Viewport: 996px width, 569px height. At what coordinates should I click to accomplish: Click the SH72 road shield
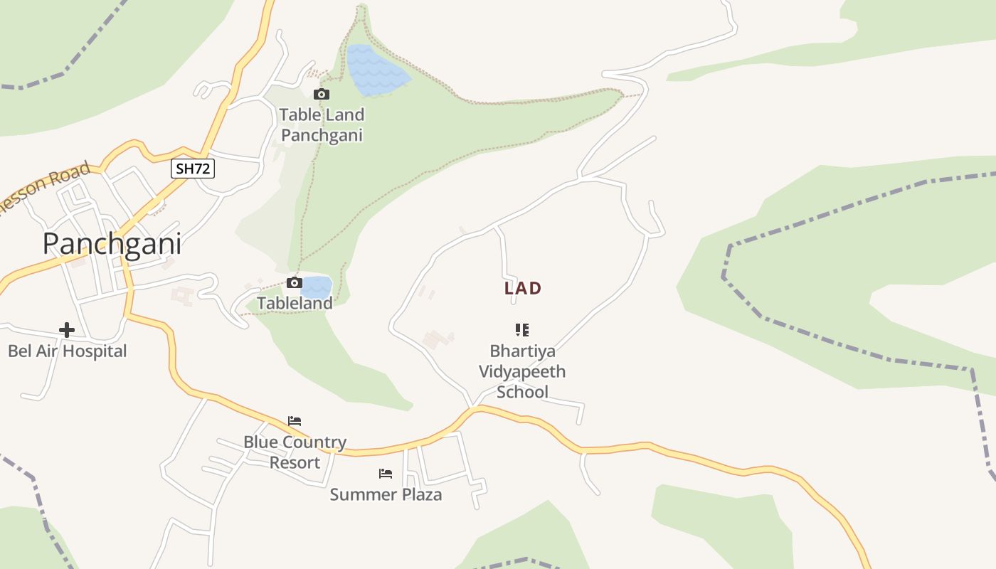pyautogui.click(x=193, y=169)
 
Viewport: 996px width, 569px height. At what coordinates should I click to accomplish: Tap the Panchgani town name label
pyautogui.click(x=112, y=244)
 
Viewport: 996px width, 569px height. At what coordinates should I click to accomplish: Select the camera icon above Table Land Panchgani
pyautogui.click(x=322, y=94)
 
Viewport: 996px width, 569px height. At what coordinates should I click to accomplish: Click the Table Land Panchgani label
pyautogui.click(x=322, y=124)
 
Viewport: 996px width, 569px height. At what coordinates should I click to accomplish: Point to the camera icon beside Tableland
pyautogui.click(x=294, y=283)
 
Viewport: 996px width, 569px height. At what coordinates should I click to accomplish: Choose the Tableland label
pyautogui.click(x=295, y=303)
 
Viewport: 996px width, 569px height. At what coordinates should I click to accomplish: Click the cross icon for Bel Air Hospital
pyautogui.click(x=67, y=330)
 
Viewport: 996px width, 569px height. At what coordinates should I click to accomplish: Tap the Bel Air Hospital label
pyautogui.click(x=67, y=351)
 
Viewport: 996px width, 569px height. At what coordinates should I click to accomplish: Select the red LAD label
pyautogui.click(x=523, y=288)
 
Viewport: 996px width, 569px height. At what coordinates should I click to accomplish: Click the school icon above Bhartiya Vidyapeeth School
pyautogui.click(x=522, y=330)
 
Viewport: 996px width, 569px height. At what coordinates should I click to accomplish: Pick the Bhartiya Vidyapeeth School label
pyautogui.click(x=522, y=371)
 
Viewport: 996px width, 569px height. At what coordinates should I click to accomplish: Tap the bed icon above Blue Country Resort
pyautogui.click(x=295, y=421)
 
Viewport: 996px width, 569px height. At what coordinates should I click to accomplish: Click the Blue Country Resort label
pyautogui.click(x=295, y=452)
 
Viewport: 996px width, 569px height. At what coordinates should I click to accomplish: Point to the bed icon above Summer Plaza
pyautogui.click(x=386, y=474)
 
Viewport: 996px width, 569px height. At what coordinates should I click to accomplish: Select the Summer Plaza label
pyautogui.click(x=386, y=494)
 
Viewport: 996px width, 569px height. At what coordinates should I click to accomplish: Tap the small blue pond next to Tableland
pyautogui.click(x=317, y=287)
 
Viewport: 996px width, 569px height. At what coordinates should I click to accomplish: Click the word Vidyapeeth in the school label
pyautogui.click(x=522, y=371)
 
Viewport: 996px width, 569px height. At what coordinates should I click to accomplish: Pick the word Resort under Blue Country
pyautogui.click(x=295, y=462)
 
